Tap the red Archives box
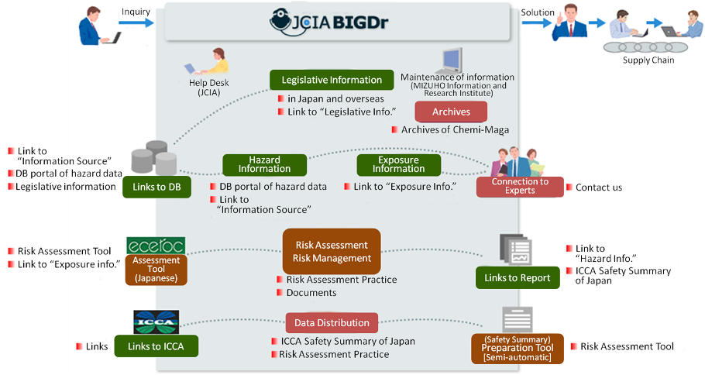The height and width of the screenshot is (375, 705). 451,112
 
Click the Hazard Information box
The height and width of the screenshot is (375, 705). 264,164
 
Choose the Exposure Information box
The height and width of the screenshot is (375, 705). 398,164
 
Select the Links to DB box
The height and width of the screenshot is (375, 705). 156,187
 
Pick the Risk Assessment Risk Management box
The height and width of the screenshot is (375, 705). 332,250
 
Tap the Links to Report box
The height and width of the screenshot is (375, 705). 518,278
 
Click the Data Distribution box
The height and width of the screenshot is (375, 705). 332,322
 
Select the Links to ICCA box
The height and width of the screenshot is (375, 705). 156,346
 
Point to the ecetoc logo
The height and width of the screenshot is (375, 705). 153,246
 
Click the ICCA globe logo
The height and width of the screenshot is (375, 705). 156,322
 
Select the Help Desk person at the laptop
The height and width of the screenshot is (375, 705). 208,61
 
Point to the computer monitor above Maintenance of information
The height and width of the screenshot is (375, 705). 452,59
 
